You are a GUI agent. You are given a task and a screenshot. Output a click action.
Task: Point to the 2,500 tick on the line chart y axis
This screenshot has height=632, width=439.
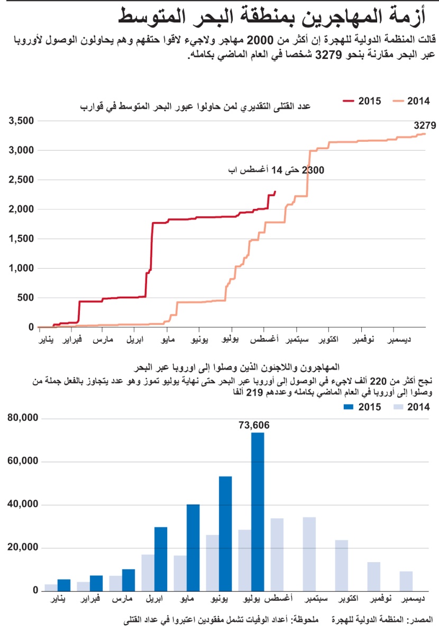[x=21, y=180]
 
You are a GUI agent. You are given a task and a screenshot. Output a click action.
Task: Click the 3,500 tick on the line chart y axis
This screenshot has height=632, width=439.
[x=21, y=121]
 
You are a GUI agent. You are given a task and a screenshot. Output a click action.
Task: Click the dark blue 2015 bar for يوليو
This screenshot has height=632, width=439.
[x=258, y=511]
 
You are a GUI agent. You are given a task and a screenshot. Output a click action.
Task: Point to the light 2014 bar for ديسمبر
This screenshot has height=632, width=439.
[x=406, y=581]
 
